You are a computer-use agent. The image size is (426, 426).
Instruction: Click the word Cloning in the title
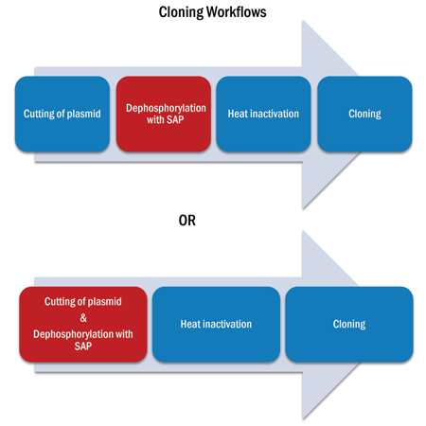coord(181,13)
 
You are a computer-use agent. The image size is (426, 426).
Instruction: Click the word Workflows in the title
coord(237,12)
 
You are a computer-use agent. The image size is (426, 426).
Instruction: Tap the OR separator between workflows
coord(187,221)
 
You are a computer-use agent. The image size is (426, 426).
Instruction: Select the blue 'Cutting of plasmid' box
coord(62,114)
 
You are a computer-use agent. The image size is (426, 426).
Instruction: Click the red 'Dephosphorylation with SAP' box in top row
coord(164,114)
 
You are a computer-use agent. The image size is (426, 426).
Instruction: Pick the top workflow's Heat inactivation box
coord(263,114)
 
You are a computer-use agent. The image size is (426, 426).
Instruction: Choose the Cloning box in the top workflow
coord(364,114)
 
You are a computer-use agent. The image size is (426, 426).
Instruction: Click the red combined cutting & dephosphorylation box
coord(83,324)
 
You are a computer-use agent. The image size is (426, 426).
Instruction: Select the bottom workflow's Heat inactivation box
coord(216,324)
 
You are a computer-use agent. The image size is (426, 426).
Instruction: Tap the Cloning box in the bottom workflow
coord(349,324)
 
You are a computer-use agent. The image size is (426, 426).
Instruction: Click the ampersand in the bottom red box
coord(83,318)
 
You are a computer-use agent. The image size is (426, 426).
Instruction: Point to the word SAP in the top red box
coord(175,119)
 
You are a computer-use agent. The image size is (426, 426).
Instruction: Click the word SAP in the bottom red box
coord(83,346)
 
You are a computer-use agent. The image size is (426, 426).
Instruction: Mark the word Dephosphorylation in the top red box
coord(166,108)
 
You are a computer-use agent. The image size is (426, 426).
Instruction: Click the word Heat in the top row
coord(238,114)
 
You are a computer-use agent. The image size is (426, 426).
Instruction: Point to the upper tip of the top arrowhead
coord(303,21)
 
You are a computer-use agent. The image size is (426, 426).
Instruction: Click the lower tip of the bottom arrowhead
coord(303,418)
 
